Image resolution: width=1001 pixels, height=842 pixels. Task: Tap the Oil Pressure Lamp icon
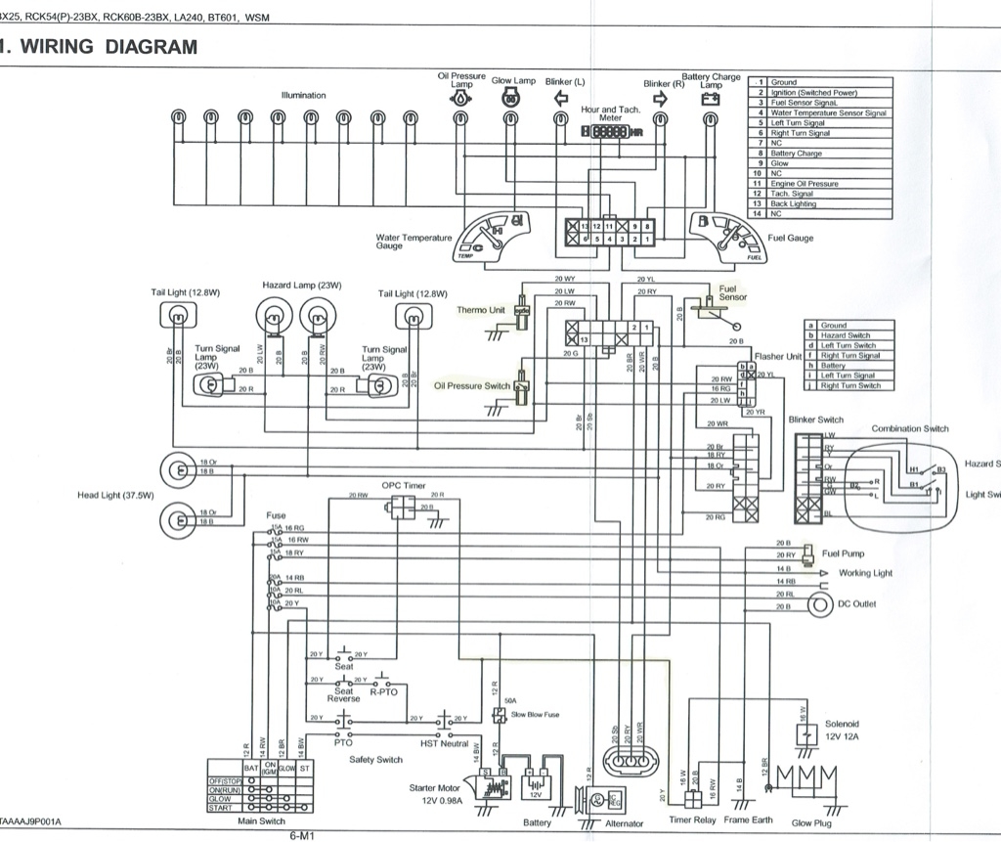(x=460, y=100)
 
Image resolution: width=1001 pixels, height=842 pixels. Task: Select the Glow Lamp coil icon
(x=509, y=98)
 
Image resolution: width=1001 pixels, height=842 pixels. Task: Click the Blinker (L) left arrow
(x=561, y=98)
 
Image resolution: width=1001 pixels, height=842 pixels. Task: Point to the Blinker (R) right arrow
(x=660, y=98)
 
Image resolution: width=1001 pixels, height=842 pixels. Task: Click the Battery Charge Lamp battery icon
(x=710, y=99)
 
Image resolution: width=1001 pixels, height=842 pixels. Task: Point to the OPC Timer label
(x=404, y=485)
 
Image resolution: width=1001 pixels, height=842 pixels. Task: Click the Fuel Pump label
(x=843, y=554)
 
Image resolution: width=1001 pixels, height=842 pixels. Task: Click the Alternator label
(x=624, y=824)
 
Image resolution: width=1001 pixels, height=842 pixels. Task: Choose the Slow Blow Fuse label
(x=536, y=715)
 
